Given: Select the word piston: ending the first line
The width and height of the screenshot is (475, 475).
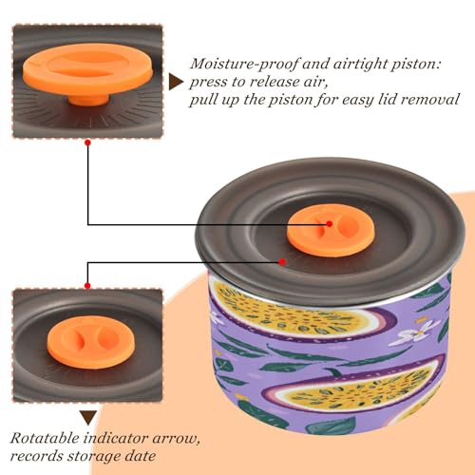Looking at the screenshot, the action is [x=416, y=65].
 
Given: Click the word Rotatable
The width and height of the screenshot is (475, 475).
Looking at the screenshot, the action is [x=45, y=438].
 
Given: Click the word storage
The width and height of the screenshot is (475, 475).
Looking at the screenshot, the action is [x=93, y=457].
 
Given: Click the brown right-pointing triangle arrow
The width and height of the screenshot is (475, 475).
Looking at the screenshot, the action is [x=175, y=83].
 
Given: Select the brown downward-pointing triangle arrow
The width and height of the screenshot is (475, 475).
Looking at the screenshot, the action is [x=88, y=418].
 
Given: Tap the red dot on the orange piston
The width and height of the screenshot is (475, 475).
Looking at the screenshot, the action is [x=330, y=224].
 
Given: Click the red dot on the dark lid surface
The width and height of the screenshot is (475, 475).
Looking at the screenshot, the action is [x=282, y=262].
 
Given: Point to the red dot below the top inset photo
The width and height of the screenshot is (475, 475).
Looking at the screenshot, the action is [x=88, y=142].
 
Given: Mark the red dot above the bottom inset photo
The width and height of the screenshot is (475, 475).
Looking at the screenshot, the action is [x=87, y=286].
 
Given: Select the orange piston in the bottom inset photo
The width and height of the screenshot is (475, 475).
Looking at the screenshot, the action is [x=91, y=342].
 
